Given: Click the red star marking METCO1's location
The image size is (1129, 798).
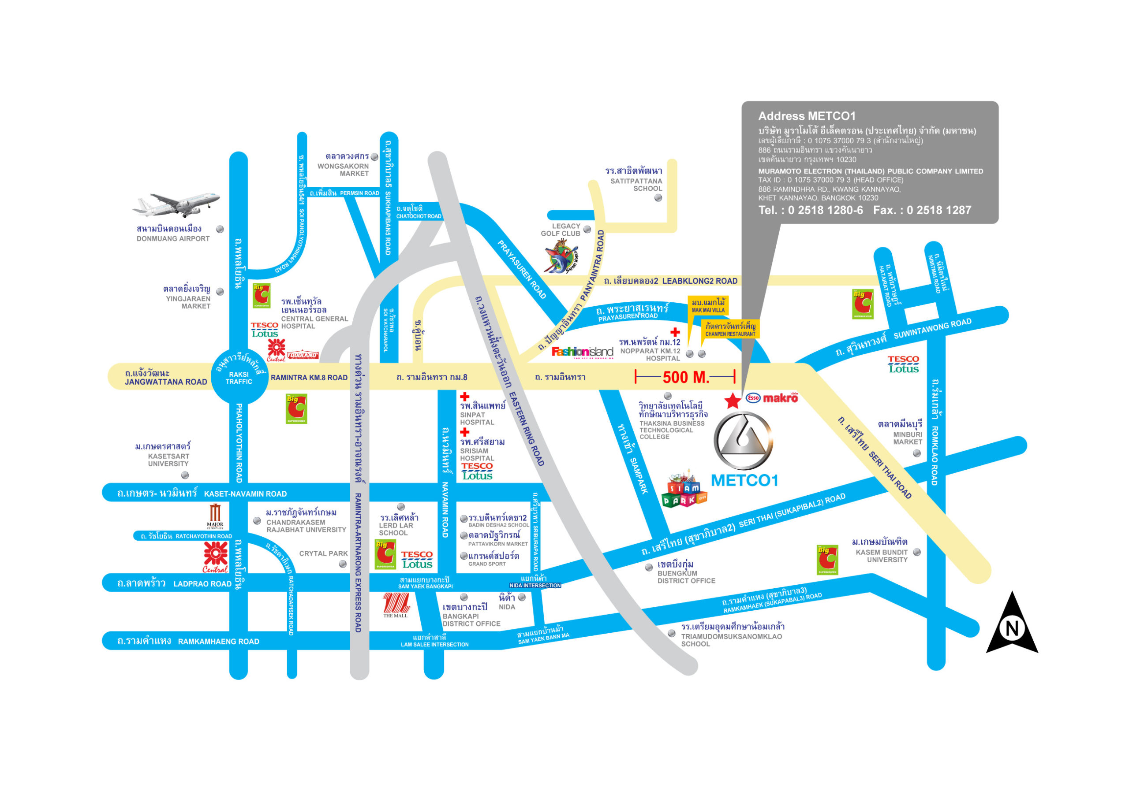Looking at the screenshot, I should tap(733, 401).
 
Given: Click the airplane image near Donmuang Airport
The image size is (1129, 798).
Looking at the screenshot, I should tap(176, 204).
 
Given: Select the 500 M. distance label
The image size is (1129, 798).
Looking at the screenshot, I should tap(685, 377).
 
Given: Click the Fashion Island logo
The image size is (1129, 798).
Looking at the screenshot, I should tap(582, 352).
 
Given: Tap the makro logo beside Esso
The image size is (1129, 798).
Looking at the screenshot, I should tap(780, 398).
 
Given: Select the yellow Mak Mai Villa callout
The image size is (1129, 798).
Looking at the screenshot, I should tap(708, 306).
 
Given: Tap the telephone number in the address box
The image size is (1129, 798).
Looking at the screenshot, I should tap(810, 210).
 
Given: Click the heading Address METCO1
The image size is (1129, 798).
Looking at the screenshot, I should tap(807, 116).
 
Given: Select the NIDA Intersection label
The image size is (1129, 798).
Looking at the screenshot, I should tap(535, 585).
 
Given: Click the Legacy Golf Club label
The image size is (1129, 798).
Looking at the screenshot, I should tap(561, 230).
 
